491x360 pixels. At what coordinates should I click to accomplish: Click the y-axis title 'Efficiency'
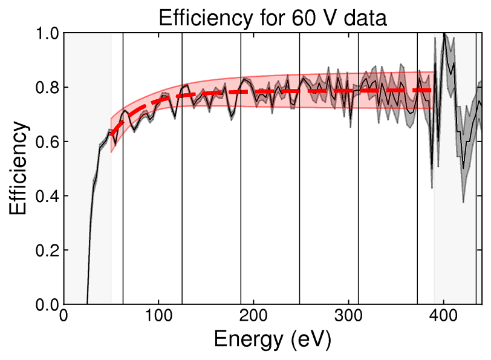point(18,168)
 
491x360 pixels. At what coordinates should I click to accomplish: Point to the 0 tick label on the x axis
point(64,316)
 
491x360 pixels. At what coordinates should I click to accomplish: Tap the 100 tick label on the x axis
point(158,316)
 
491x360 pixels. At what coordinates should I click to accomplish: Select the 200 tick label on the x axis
point(253,316)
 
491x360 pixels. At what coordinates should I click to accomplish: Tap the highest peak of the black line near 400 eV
point(444,34)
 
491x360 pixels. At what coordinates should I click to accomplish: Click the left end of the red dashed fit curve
point(111,135)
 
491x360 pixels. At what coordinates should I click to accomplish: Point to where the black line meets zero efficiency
point(88,303)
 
